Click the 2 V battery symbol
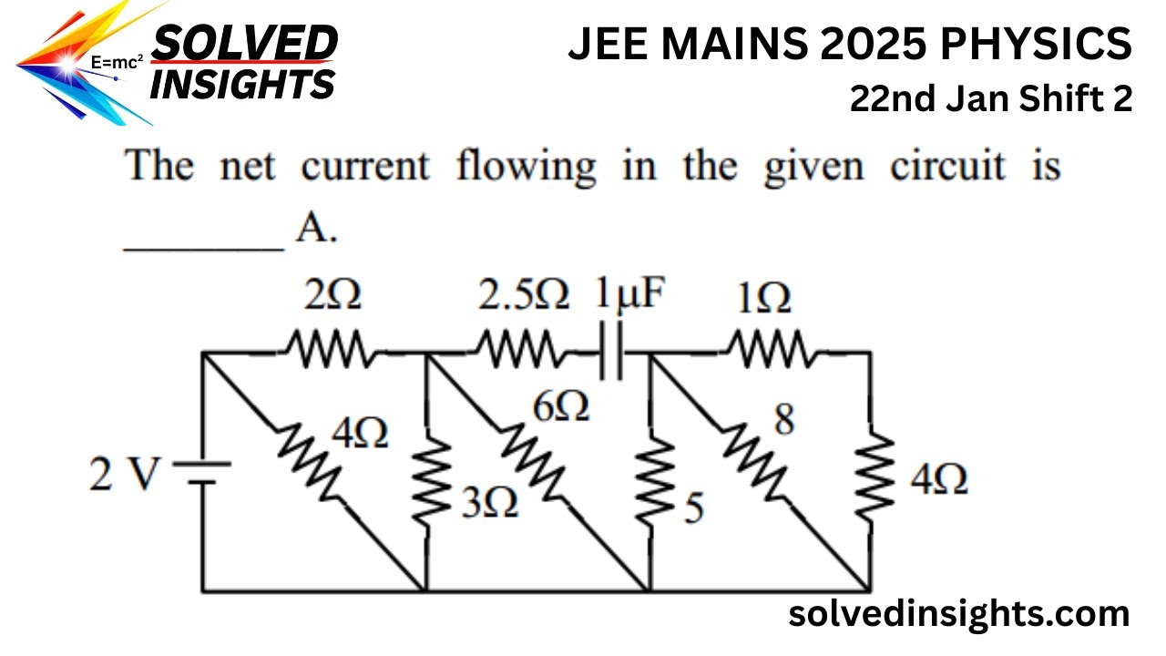[202, 473]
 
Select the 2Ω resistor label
[332, 295]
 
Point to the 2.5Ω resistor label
[524, 295]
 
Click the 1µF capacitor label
[630, 294]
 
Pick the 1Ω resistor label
[764, 298]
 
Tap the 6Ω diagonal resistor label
[561, 406]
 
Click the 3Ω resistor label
[490, 503]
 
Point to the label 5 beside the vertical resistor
[694, 507]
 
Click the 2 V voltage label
[123, 474]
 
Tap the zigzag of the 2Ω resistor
[328, 348]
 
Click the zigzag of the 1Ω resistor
[770, 348]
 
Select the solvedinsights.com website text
[959, 615]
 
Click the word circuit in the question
[947, 167]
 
